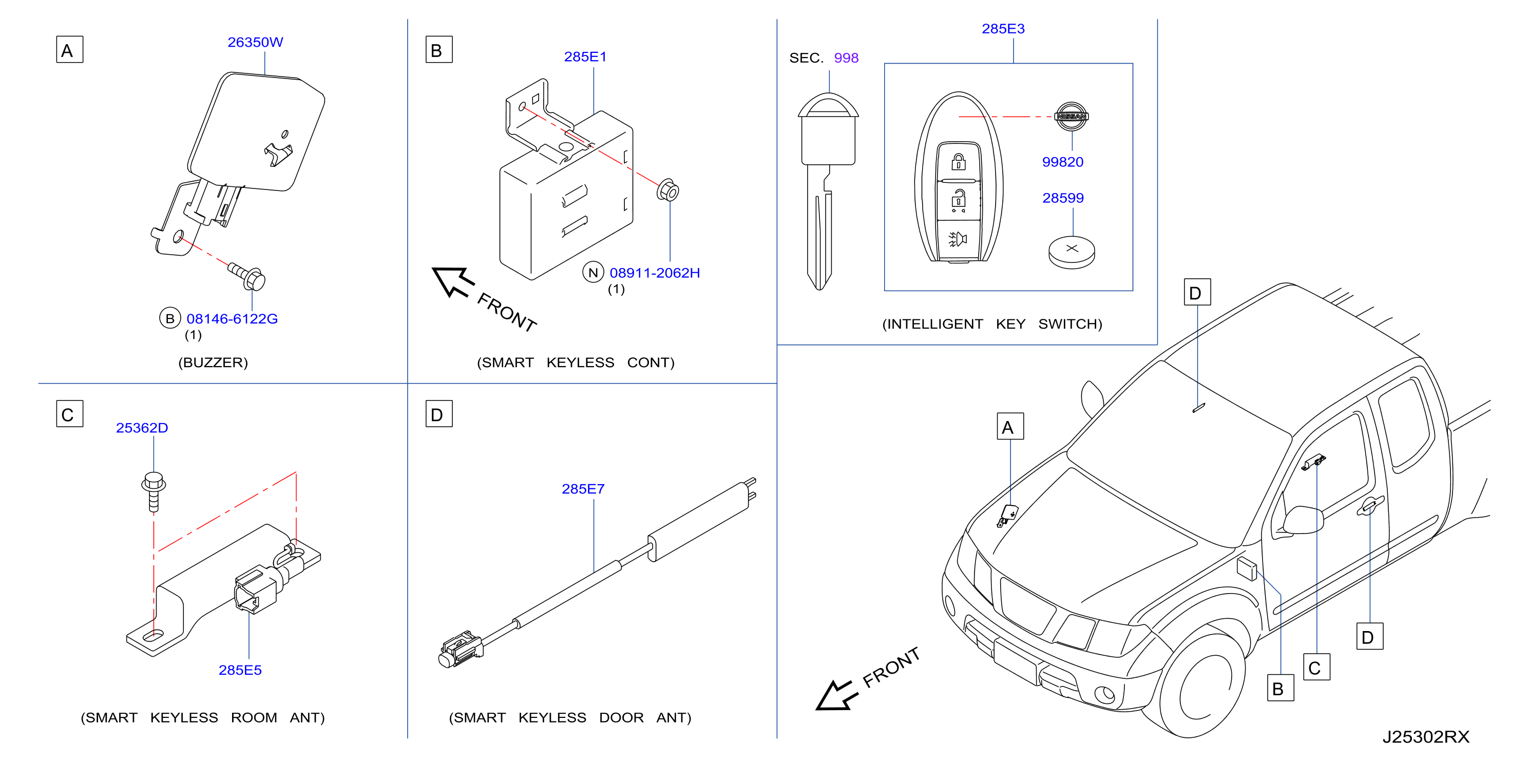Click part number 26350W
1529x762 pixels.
point(255,42)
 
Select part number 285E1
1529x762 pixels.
point(585,56)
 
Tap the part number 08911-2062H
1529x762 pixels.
point(655,273)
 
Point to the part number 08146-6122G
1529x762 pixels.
point(232,319)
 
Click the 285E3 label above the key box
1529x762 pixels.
point(1003,28)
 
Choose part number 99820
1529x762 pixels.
point(1062,162)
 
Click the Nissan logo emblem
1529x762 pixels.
point(1072,117)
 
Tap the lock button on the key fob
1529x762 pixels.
point(958,161)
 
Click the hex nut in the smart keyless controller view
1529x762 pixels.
point(668,190)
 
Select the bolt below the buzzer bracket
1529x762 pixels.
point(247,276)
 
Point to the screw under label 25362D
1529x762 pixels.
point(153,491)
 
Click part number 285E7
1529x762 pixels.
point(583,489)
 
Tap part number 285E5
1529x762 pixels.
point(240,670)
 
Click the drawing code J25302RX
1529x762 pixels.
point(1426,737)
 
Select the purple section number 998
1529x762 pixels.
point(846,58)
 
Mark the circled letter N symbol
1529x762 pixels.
point(593,272)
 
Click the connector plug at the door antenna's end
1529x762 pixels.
point(461,649)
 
